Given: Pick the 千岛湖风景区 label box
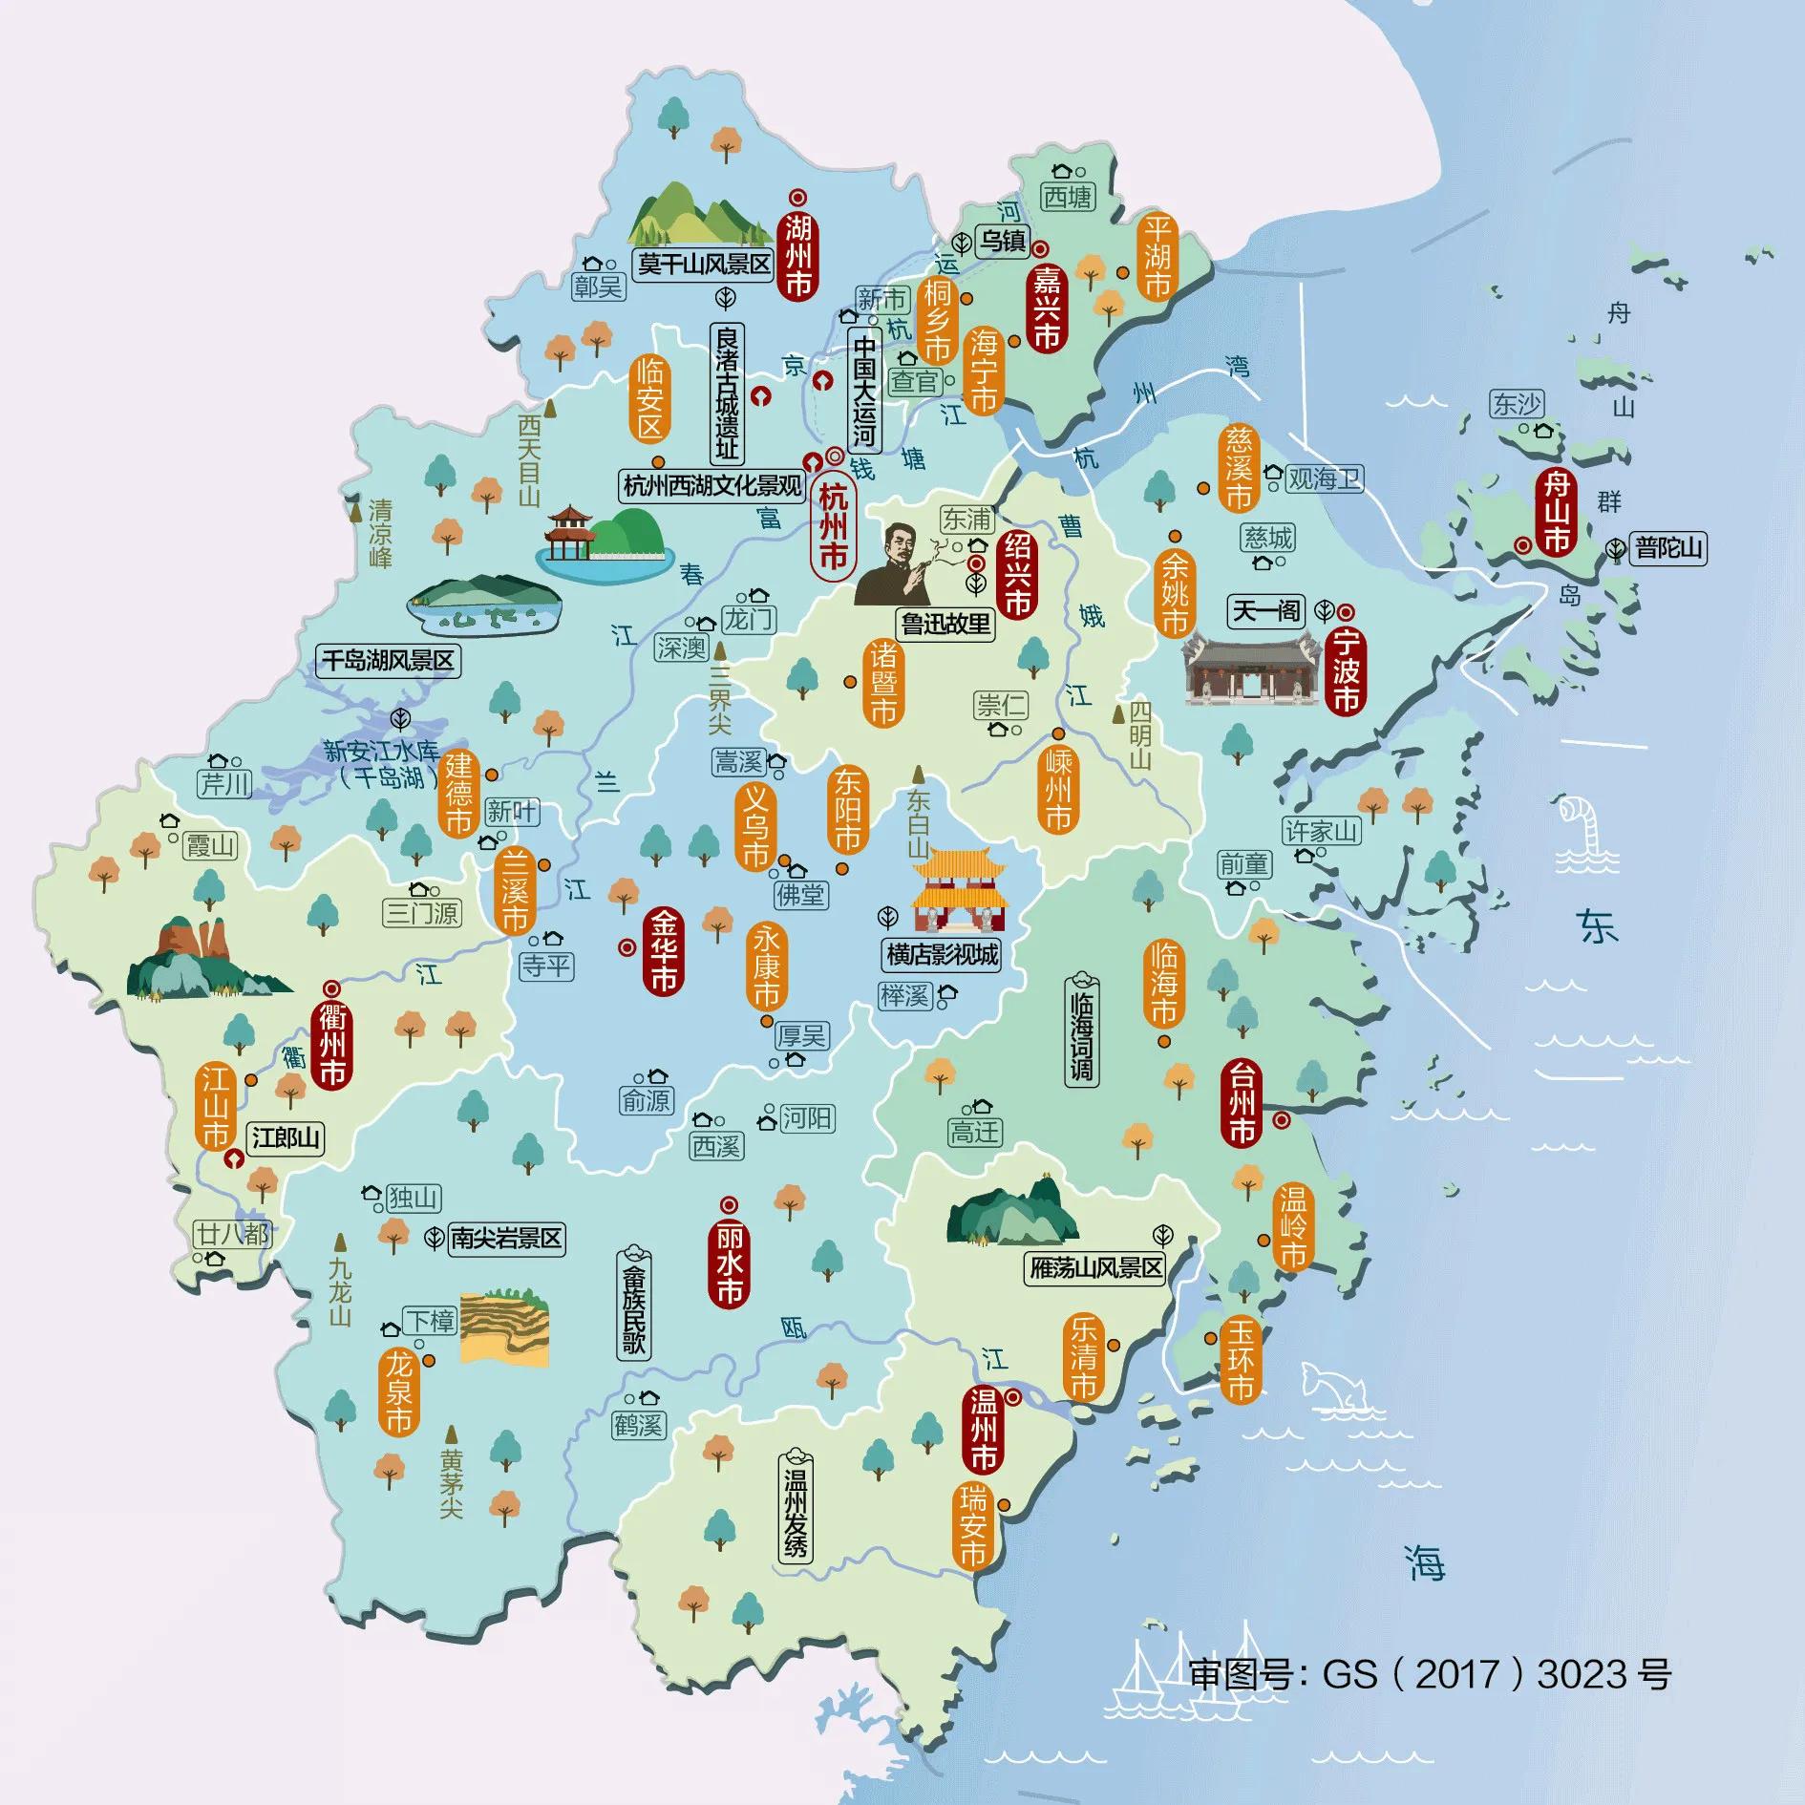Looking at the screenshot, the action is (388, 661).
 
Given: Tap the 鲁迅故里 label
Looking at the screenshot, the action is (946, 625).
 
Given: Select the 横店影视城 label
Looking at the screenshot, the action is (942, 954).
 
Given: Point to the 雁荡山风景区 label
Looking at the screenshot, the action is (1096, 1268).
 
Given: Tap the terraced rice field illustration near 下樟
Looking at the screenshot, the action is (505, 1327).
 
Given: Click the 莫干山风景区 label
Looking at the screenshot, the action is (705, 264).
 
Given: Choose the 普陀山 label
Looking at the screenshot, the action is (1667, 549).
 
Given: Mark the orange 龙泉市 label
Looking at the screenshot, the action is (399, 1391).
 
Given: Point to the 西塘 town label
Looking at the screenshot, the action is (1068, 198).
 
